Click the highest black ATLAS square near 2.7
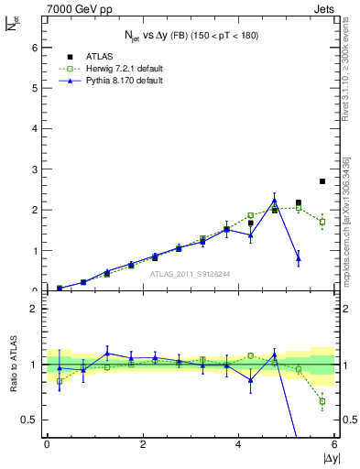pyautogui.click(x=322, y=181)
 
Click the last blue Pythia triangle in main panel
pyautogui.click(x=299, y=259)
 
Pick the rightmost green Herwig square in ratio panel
pyautogui.click(x=322, y=400)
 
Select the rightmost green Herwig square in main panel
pyautogui.click(x=322, y=222)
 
